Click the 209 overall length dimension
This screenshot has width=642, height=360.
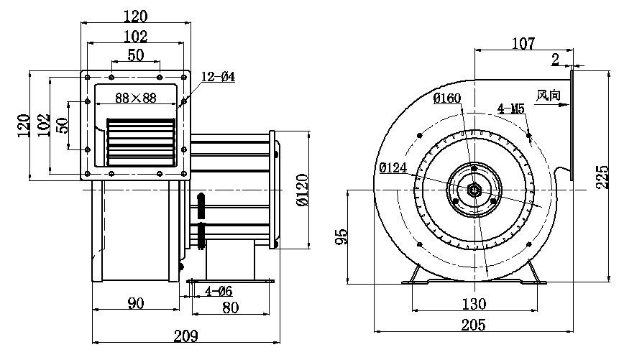click(185, 335)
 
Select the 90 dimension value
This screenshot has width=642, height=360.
click(135, 303)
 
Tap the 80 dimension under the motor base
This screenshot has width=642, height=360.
click(229, 308)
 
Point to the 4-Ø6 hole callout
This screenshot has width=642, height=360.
click(218, 291)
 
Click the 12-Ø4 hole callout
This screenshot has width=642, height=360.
click(219, 77)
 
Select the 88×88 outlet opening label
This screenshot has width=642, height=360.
click(136, 98)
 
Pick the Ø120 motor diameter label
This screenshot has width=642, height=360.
click(302, 191)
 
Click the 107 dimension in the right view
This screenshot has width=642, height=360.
click(523, 44)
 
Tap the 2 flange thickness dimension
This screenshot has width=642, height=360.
click(556, 60)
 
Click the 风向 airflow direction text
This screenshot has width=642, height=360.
click(548, 94)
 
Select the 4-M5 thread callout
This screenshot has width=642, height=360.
click(511, 109)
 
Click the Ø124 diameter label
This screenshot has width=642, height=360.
click(393, 168)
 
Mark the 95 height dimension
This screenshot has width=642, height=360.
click(342, 236)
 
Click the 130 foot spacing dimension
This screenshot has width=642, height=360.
click(474, 303)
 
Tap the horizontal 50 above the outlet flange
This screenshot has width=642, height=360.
click(135, 55)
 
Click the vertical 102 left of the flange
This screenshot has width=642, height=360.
click(45, 126)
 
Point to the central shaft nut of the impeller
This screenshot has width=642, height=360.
click(475, 190)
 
